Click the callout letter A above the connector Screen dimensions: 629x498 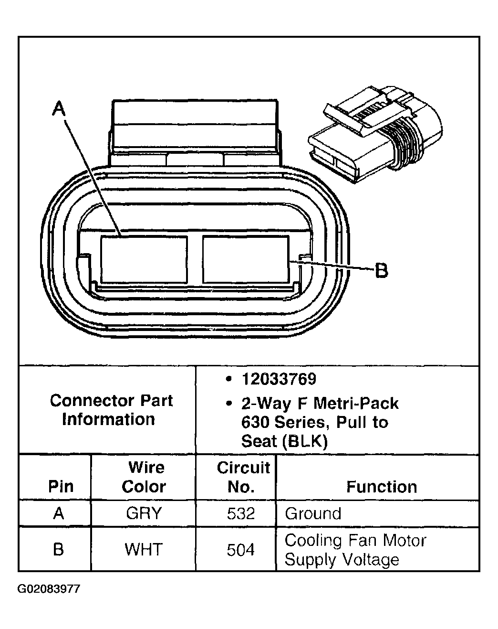58,110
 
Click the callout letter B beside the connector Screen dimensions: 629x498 381,270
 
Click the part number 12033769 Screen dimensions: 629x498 279,379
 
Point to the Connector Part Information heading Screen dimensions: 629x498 111,410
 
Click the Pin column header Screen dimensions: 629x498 61,487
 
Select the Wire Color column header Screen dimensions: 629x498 144,477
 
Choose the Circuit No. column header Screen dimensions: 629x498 243,477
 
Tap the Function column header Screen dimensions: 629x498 381,487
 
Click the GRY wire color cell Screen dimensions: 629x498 144,513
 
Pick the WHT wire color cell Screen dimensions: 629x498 144,549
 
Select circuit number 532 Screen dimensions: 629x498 241,513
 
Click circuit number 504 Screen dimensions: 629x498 241,550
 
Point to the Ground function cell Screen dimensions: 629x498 313,513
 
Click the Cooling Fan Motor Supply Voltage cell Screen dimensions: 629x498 355,550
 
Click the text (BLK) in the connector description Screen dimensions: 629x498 305,441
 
